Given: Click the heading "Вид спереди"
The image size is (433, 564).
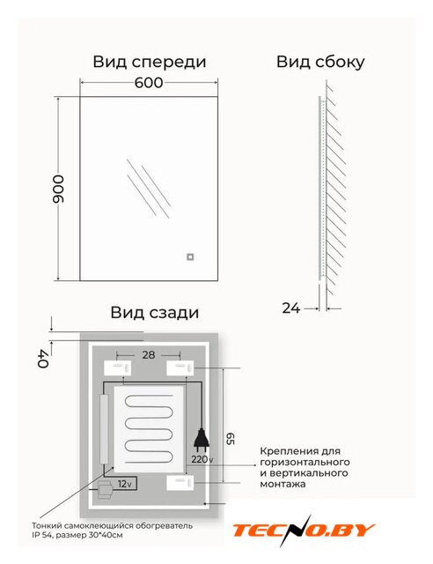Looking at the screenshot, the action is click(x=150, y=62).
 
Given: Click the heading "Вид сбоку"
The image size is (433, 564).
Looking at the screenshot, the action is click(x=320, y=62).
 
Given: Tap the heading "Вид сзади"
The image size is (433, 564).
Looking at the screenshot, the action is click(x=155, y=312).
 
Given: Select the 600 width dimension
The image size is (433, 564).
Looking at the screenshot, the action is click(x=149, y=83).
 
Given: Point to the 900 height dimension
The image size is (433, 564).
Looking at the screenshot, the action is click(x=58, y=189).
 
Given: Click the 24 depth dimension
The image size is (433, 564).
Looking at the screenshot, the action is click(x=290, y=308).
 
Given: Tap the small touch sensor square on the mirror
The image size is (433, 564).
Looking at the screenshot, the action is click(x=190, y=256).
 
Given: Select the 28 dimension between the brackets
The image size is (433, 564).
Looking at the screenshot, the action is click(x=149, y=355).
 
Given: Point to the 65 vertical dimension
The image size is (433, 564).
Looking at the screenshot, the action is click(x=230, y=438).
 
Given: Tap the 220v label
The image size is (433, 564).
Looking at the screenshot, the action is click(x=202, y=459).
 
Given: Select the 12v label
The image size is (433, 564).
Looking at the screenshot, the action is click(x=125, y=484).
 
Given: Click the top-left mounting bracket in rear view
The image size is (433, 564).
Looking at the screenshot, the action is click(x=117, y=368).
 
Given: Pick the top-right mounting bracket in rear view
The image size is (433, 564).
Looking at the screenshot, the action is click(x=180, y=368).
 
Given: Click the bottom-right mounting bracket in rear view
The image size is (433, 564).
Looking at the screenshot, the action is click(x=180, y=483).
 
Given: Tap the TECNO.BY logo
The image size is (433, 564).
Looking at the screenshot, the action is click(x=304, y=531).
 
